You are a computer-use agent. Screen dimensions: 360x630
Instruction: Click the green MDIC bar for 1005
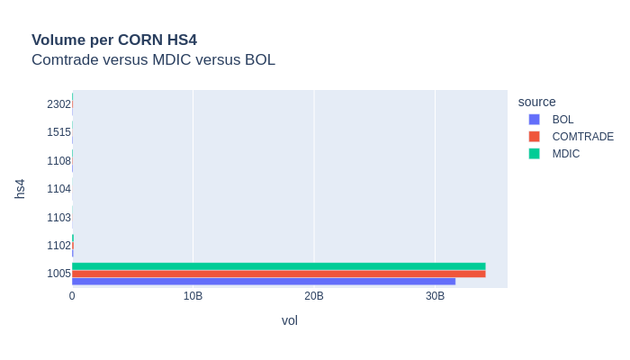coord(279,266)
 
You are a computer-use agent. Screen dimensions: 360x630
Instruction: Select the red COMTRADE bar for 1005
coord(279,274)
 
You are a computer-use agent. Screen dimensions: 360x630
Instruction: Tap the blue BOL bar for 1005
coord(264,282)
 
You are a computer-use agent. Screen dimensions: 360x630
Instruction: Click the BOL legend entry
coord(562,120)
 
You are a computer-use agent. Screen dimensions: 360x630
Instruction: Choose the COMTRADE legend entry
coord(582,137)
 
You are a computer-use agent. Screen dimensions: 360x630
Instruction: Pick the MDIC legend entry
coord(565,154)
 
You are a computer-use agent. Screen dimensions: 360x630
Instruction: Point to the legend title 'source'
coord(536,102)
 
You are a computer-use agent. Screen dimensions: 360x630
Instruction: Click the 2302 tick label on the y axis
coord(58,104)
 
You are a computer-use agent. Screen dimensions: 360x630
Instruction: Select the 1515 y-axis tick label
coord(58,132)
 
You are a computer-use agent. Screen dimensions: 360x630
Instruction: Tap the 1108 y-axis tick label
coord(58,161)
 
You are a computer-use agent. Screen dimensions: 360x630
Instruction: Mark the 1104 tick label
coord(58,189)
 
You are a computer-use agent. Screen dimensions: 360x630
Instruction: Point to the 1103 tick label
coord(58,217)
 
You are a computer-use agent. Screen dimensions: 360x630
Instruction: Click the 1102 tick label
coord(58,246)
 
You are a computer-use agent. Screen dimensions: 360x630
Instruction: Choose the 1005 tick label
coord(58,274)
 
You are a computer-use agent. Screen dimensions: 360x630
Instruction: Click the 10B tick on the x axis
coord(193,296)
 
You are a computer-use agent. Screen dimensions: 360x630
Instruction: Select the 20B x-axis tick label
coord(314,296)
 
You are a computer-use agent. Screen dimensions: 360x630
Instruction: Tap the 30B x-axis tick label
coord(435,296)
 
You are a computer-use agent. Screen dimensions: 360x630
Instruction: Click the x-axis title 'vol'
coord(289,320)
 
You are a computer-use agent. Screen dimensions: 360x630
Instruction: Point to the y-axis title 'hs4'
coord(20,189)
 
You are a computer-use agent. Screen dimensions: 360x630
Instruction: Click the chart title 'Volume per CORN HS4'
coord(114,40)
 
